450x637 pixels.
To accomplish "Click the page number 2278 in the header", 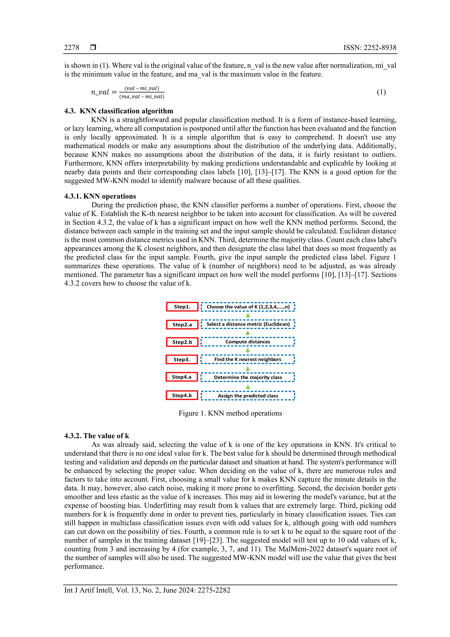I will (72, 47).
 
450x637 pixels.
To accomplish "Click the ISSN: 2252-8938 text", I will (370, 47).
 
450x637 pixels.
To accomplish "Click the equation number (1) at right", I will (381, 92).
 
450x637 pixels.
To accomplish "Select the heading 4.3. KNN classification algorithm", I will (119, 111).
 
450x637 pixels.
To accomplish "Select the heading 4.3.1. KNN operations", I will (100, 196).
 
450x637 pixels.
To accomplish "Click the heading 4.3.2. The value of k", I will (96, 436).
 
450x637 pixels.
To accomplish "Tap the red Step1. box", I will (182, 307).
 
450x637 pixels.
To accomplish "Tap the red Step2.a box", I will (182, 324).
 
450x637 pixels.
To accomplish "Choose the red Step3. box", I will (182, 359).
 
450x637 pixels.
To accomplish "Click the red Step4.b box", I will (182, 395).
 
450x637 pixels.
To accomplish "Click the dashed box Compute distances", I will (248, 342).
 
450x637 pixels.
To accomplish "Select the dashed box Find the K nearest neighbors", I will (248, 359).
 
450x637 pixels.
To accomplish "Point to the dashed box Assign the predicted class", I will (248, 396).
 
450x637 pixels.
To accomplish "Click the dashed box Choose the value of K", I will (248, 307).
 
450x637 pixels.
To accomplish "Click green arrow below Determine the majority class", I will (248, 387).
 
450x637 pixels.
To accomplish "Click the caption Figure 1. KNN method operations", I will (230, 413).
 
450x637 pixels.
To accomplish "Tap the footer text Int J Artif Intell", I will (89, 590).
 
